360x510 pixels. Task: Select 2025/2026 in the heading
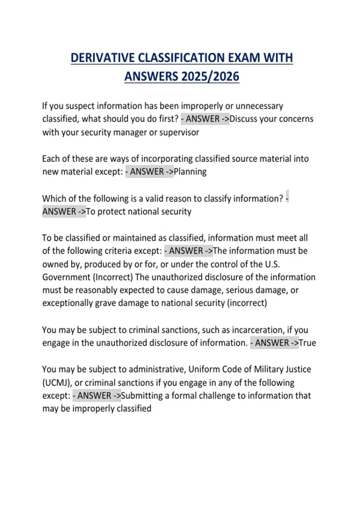tap(210, 76)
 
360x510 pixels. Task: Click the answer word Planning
tap(190, 172)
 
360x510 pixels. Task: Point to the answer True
tap(307, 343)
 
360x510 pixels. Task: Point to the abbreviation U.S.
tap(272, 264)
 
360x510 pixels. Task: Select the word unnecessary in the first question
tap(259, 106)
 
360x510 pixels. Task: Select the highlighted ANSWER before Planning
tap(147, 172)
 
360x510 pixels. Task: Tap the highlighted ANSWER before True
tap(272, 343)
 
